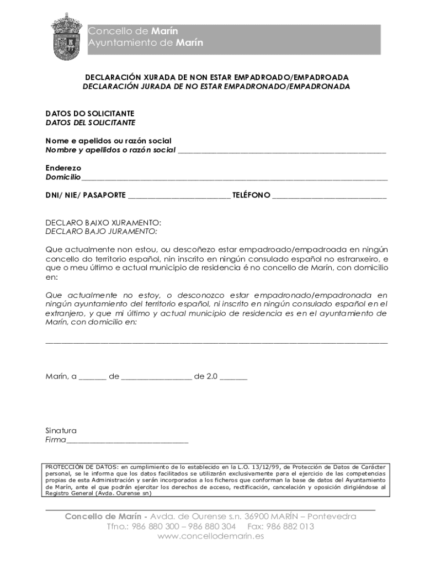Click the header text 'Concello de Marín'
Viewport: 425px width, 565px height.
(133, 31)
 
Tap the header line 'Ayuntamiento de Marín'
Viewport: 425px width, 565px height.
(145, 43)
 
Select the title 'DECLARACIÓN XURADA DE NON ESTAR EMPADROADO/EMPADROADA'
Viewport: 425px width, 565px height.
(216, 77)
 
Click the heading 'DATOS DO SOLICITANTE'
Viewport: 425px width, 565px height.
(89, 113)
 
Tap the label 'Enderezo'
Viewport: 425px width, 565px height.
(63, 168)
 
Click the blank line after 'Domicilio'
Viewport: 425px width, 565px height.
(235, 178)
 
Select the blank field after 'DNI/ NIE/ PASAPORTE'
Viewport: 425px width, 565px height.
(179, 196)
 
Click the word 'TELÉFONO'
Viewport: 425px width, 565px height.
(251, 195)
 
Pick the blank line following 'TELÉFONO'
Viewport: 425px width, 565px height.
(330, 196)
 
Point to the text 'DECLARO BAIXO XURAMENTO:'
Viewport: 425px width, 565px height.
(103, 223)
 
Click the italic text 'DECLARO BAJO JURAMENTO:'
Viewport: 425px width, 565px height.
(101, 232)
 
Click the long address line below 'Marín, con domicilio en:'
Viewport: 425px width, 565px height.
(216, 342)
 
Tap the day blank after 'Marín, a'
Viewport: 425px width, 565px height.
(92, 378)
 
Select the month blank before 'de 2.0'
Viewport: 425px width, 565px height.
(156, 378)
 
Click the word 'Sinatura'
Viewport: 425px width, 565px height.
(61, 430)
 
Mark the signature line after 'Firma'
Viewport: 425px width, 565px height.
(127, 441)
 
